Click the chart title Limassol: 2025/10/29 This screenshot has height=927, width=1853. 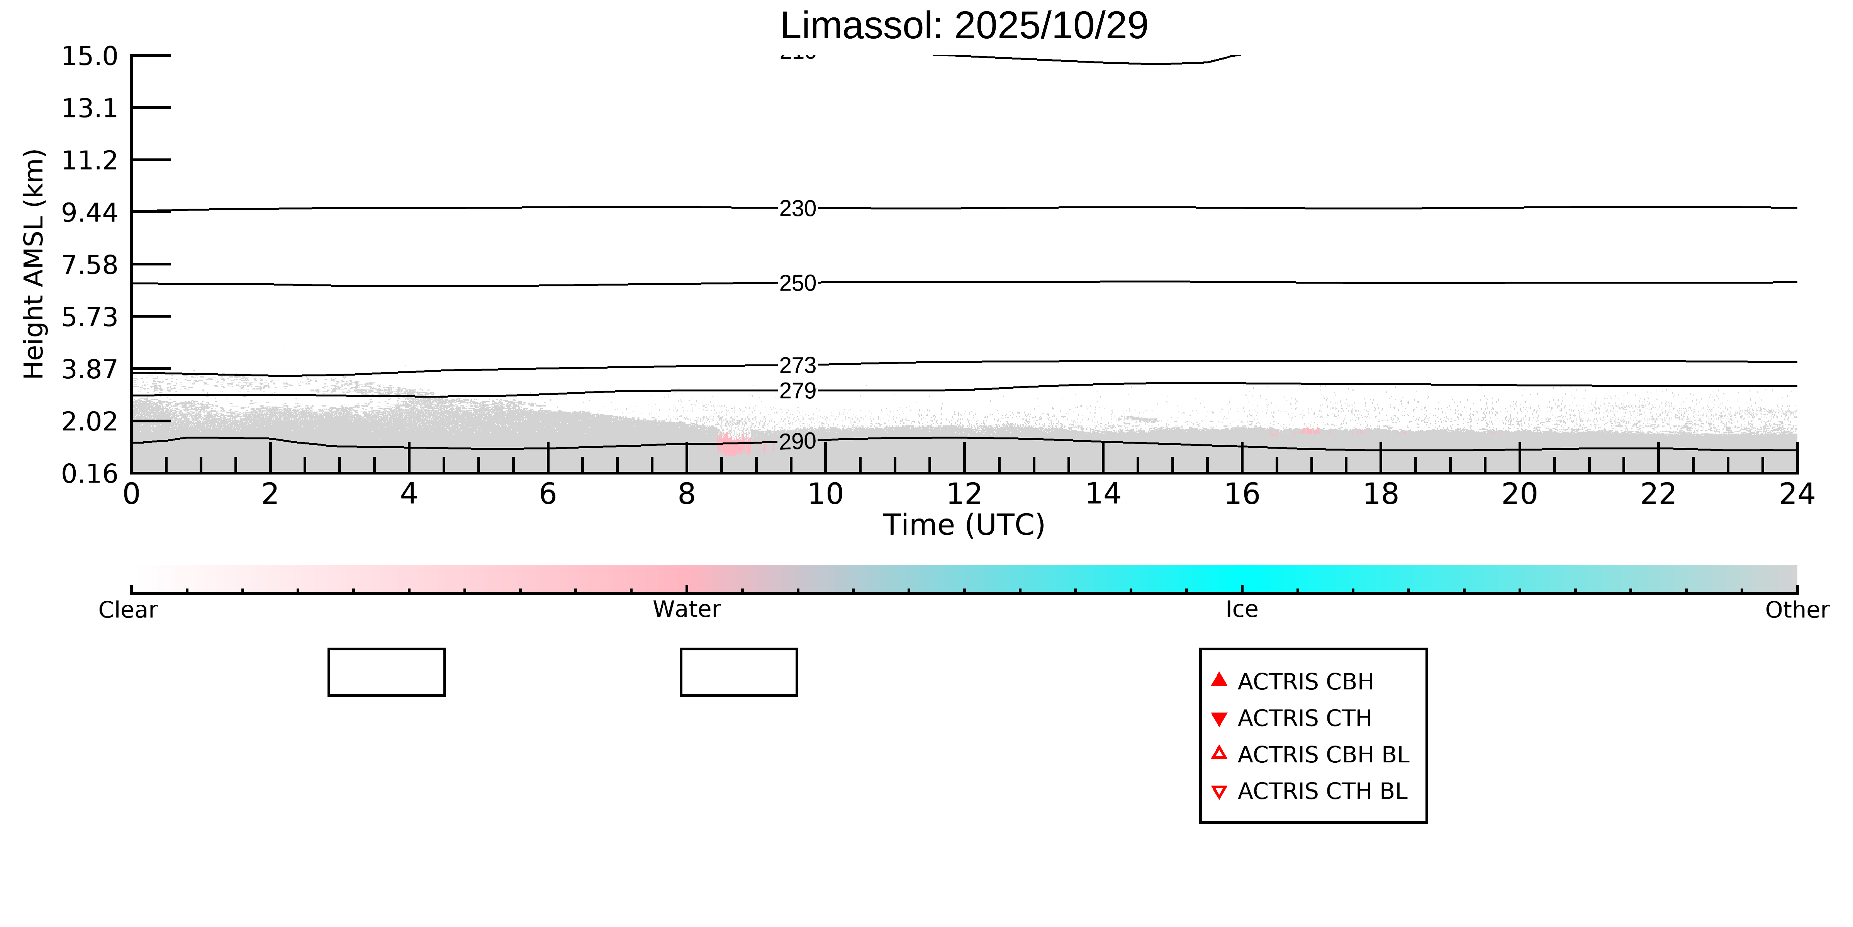pos(964,26)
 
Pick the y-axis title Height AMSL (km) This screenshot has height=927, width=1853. pos(34,264)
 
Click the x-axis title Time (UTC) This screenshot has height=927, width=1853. pos(964,525)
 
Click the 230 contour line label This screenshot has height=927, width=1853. pos(798,209)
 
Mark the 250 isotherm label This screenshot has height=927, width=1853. pos(798,284)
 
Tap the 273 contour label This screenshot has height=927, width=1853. pos(798,366)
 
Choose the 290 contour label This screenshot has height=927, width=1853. pos(798,441)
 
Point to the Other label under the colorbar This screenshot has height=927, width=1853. pos(1796,610)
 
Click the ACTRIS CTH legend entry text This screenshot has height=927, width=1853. pos(1304,718)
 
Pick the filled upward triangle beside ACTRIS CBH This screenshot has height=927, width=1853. pos(1218,679)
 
